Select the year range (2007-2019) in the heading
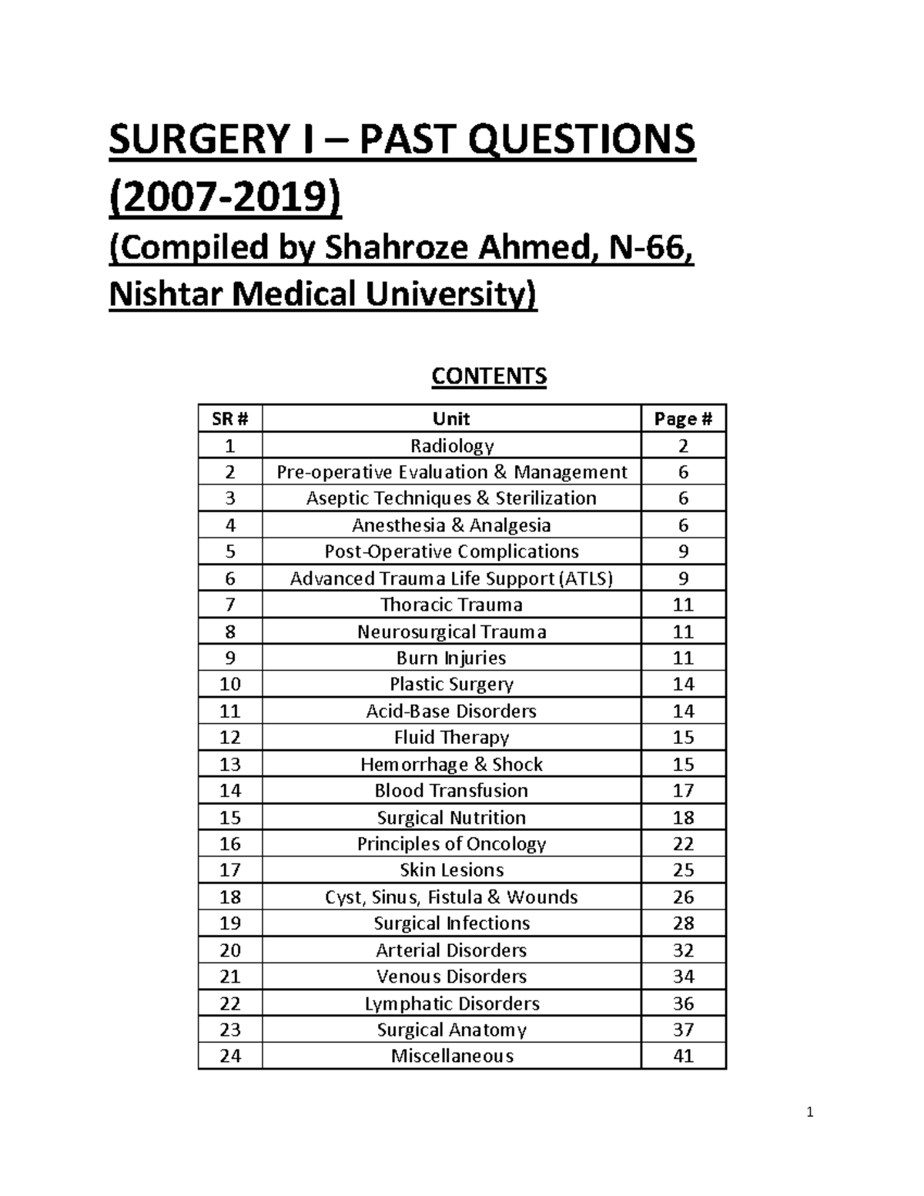pos(224,199)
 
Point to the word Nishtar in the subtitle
pos(162,293)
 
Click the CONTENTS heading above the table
pos(489,376)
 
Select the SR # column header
pos(229,419)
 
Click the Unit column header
pos(451,419)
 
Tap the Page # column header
pos(683,419)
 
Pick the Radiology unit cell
pos(451,446)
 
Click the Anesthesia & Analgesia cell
pos(451,525)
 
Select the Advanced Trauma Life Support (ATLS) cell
pos(451,578)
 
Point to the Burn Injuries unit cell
pos(451,658)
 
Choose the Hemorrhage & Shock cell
pos(451,764)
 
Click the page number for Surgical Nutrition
pos(683,817)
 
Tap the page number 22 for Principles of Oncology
pos(683,844)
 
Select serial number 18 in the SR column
pos(229,897)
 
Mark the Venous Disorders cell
pos(451,977)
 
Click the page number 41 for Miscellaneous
pos(683,1056)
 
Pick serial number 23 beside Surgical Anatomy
pos(229,1030)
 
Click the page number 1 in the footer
pos(809,1112)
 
